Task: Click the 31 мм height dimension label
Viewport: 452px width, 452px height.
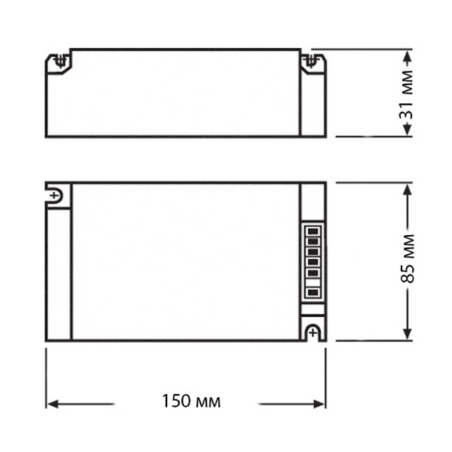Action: [406, 95]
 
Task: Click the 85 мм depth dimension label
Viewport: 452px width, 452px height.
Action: [408, 258]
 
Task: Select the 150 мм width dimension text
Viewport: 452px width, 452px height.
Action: [191, 401]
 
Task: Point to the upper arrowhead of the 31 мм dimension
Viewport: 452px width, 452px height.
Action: [407, 57]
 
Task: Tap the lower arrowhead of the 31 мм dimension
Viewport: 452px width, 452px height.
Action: [407, 129]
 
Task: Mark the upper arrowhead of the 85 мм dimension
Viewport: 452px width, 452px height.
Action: [407, 191]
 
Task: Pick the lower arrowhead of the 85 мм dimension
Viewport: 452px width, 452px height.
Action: [407, 333]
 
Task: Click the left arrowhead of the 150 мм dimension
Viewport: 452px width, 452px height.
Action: [53, 404]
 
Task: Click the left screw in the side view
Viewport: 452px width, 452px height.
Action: [60, 62]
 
